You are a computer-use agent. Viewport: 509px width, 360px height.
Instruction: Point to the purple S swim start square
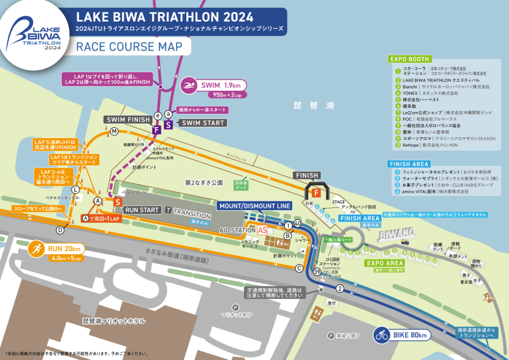pos(168,124)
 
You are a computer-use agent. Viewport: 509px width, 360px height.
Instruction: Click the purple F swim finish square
pos(156,129)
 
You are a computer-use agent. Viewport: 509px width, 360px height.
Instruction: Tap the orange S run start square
pos(118,202)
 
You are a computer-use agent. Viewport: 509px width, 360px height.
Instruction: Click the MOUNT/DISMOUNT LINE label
pos(254,205)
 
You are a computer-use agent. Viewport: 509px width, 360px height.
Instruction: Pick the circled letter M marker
pos(114,131)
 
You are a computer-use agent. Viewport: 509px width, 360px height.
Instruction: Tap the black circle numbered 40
pos(298,224)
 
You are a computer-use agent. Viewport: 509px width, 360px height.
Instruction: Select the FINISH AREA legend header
pos(409,164)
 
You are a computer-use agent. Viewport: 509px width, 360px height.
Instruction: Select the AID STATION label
pos(237,231)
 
